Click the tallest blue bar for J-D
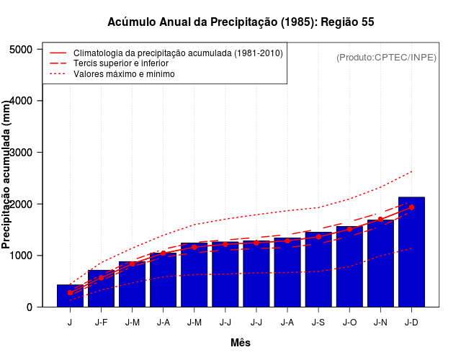(x=411, y=252)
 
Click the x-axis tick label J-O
(x=349, y=323)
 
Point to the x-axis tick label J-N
(x=380, y=323)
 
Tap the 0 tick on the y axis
(x=30, y=307)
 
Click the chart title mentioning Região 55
(x=241, y=22)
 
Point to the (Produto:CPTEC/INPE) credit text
(x=386, y=57)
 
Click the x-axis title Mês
(x=241, y=343)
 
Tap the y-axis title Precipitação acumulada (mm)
(x=7, y=175)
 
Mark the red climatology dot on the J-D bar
(x=411, y=207)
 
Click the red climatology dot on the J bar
(x=70, y=292)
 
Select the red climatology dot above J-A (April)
(x=163, y=253)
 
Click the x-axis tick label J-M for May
(x=194, y=323)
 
